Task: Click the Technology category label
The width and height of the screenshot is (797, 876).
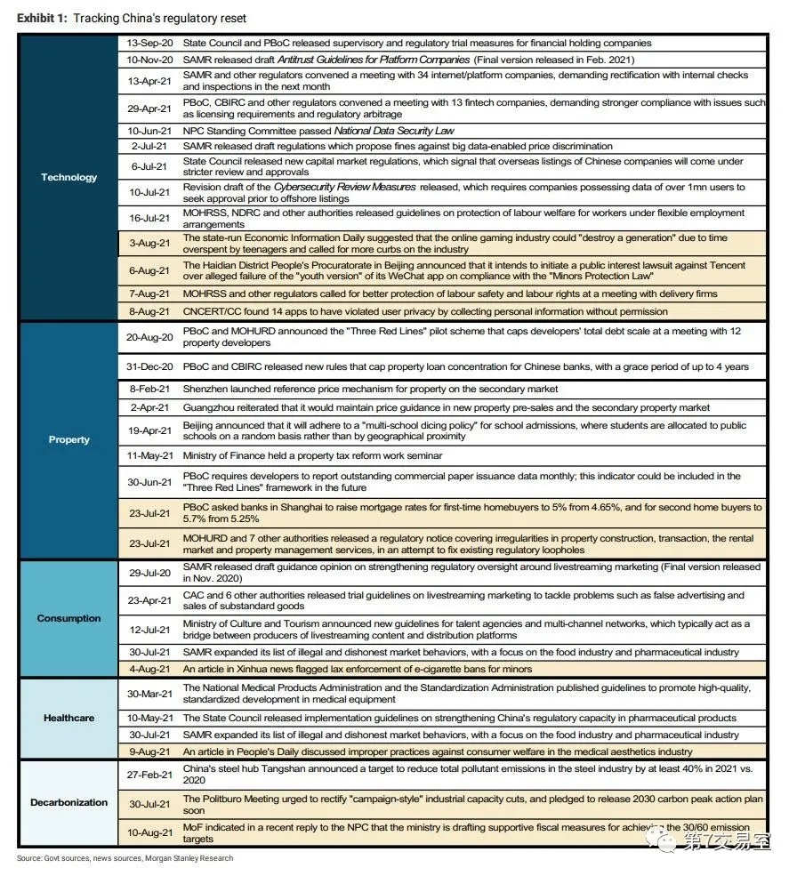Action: tap(68, 177)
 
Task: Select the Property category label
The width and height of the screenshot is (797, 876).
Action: tap(68, 439)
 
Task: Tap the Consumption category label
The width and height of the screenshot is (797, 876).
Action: tap(68, 618)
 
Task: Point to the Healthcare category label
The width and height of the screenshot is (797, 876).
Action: tap(68, 718)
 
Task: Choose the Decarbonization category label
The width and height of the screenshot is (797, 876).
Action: tap(68, 802)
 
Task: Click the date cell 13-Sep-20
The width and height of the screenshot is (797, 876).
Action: tap(149, 43)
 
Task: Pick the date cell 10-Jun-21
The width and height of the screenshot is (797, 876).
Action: tap(149, 131)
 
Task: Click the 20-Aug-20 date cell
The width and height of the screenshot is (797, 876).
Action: tap(149, 337)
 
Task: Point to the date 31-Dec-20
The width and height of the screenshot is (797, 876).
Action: tap(149, 366)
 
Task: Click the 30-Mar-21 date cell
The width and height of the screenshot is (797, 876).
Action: tap(149, 694)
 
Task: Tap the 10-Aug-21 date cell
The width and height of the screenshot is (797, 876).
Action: tap(149, 832)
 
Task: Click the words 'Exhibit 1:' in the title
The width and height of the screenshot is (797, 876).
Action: tap(42, 19)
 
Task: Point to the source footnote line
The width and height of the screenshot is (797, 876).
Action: tap(125, 858)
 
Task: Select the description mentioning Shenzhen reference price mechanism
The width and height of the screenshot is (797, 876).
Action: tap(370, 389)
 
